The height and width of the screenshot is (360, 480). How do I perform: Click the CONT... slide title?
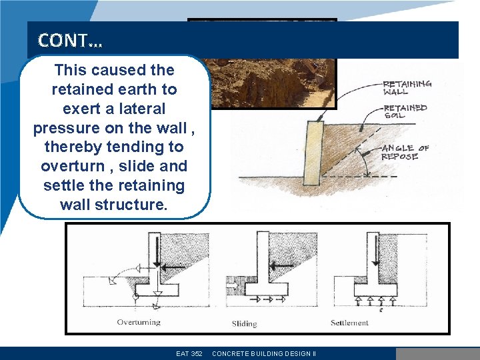point(70,41)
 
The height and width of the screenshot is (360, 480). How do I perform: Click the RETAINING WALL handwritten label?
point(407,88)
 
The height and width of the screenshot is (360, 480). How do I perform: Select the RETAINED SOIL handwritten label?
point(405,111)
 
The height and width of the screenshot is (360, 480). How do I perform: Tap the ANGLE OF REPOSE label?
point(405,152)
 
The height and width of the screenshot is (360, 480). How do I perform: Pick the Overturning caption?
point(139,323)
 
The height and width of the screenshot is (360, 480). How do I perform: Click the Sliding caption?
point(244,324)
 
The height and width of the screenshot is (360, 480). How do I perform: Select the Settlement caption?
point(349,323)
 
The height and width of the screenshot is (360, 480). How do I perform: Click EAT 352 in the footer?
point(189,354)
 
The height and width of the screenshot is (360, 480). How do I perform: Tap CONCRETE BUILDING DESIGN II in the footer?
point(264,354)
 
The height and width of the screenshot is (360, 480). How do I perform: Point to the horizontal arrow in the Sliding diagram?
point(283,265)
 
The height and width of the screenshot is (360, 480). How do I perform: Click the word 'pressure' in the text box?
point(61,127)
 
